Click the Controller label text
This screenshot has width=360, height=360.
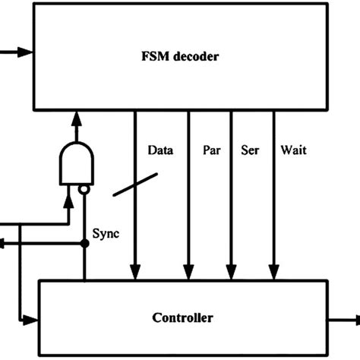[x=182, y=317]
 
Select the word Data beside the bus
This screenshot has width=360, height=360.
[x=160, y=151]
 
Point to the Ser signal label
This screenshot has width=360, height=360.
[x=249, y=151]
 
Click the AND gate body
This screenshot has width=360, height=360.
[x=77, y=162]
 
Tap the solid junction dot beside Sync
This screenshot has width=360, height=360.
[x=84, y=245]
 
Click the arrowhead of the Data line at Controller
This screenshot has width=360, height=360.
[x=135, y=272]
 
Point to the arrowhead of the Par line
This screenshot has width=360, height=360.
[x=188, y=272]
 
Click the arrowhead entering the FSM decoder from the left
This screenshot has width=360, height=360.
[x=27, y=52]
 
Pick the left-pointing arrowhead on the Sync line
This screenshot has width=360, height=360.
[x=5, y=245]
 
